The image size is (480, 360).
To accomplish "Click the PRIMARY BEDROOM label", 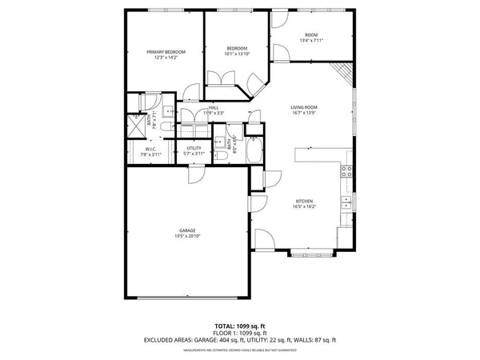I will pos(166,52).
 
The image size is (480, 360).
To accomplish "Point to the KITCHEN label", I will pos(303,201).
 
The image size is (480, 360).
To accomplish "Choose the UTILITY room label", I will pos(194,148).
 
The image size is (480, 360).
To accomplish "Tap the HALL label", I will pos(214,107).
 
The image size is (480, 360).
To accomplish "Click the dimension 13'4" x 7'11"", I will pos(310,41).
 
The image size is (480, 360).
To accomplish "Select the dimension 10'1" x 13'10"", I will pos(236,54).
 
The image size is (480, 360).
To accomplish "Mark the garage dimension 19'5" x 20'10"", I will pos(188,237).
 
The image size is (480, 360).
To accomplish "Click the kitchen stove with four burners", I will pos(347,170).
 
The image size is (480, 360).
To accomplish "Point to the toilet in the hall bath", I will pos(220,158).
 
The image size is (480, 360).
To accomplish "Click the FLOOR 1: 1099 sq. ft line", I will pos(239,334).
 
